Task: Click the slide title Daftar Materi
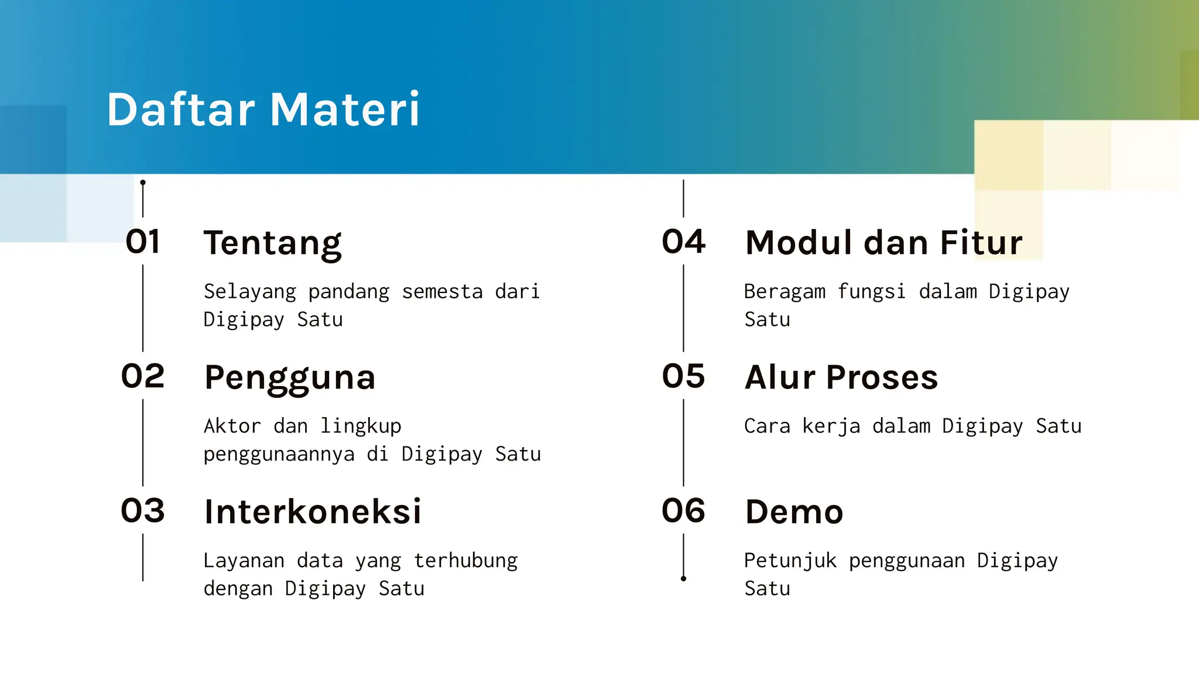[263, 110]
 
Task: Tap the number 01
[143, 241]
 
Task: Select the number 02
[143, 376]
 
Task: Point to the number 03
[143, 511]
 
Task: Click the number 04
[683, 241]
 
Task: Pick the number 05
[683, 376]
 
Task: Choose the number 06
[683, 511]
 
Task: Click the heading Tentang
[272, 243]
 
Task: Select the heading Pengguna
[290, 378]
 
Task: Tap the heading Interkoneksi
[313, 512]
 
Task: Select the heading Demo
[794, 512]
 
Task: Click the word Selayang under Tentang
[250, 292]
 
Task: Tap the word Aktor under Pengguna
[232, 426]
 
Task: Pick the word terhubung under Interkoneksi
[465, 561]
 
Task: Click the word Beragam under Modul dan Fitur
[785, 292]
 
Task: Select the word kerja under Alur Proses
[831, 427]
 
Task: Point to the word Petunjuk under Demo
[790, 561]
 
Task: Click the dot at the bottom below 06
[683, 579]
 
